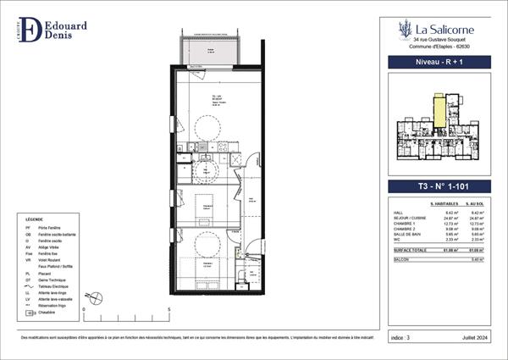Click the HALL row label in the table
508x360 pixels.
point(399,213)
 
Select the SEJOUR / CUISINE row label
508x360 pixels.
point(406,218)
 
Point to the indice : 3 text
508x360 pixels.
point(403,338)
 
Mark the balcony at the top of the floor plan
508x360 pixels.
point(211,51)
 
